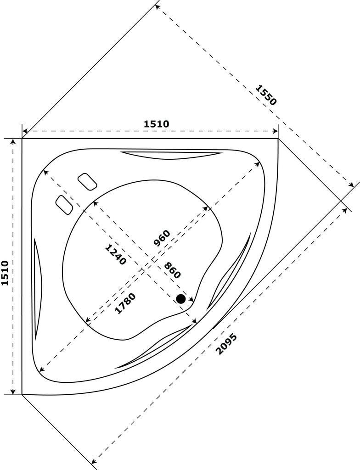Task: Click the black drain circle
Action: point(181,299)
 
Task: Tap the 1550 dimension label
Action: point(266,95)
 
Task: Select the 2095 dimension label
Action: point(226,344)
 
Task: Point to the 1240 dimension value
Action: point(115,255)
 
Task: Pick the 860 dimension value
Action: point(172,270)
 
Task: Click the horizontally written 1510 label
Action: point(157,124)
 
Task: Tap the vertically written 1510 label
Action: point(5,273)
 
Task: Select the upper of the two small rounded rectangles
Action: point(87,181)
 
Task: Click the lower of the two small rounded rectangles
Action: point(64,204)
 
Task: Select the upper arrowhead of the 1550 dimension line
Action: point(157,6)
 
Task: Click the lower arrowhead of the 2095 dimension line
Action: point(94,461)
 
